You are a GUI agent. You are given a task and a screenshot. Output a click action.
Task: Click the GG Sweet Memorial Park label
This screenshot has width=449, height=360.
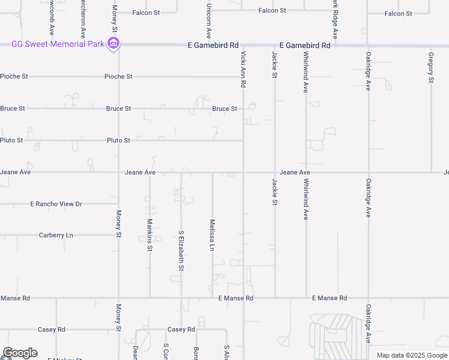point(57,44)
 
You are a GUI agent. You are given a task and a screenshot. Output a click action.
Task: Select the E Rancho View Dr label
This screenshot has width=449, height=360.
point(56,204)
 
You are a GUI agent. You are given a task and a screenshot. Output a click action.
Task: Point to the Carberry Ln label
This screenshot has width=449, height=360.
point(56,235)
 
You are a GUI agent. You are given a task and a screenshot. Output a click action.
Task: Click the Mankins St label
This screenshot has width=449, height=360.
point(149,235)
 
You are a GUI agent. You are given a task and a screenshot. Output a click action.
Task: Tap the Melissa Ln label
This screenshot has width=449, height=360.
point(212,235)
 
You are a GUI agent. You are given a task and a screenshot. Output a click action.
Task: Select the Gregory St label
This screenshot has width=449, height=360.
point(430,67)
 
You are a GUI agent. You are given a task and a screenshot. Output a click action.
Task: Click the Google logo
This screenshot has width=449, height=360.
point(20,353)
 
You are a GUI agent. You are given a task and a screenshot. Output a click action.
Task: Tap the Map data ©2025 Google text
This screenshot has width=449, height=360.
point(411,355)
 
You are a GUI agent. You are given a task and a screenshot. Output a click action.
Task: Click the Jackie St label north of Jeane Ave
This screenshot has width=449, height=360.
point(274,65)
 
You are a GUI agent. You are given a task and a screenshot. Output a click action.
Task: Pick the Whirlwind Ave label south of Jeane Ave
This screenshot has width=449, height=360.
point(306,199)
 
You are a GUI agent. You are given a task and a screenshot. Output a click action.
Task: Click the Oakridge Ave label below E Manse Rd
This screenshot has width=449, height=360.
point(368,323)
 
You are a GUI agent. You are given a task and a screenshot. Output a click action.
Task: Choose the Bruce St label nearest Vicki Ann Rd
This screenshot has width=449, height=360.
point(224,109)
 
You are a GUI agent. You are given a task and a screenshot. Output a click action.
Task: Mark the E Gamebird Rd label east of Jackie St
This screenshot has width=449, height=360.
point(305,45)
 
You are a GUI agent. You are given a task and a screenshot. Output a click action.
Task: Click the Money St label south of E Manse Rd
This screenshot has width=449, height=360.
point(118,318)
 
